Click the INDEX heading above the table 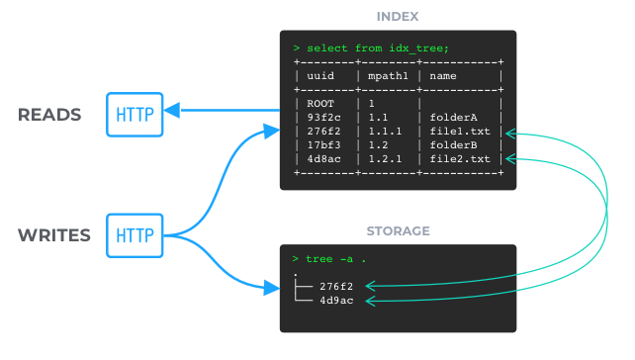pos(398,17)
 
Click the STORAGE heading pos(398,230)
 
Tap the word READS pos(49,115)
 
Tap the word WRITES pos(54,235)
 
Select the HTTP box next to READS pos(135,115)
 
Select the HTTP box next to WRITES pos(135,235)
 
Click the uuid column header pos(320,76)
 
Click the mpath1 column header pos(388,76)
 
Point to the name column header pos(443,76)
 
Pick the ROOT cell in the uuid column pos(320,104)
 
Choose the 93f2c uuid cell pos(323,118)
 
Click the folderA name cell pos(453,118)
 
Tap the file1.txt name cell pos(460,132)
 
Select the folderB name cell pos(453,145)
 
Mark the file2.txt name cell pos(460,159)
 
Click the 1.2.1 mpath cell pos(385,159)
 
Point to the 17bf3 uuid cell pos(323,145)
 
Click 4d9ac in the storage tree pos(336,300)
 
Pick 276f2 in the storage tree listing pos(336,286)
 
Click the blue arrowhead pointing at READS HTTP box pos(172,110)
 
